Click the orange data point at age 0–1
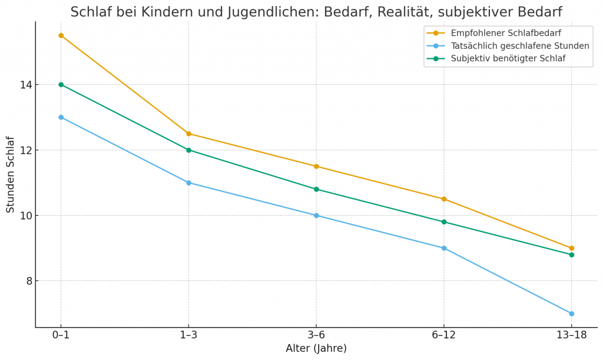61,35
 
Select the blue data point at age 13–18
571,313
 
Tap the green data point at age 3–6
316,189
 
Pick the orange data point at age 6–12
444,199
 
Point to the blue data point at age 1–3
188,183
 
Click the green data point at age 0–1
61,84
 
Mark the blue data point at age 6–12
444,248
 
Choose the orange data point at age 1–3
188,134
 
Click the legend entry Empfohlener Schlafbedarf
505,33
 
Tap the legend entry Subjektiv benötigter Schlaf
508,58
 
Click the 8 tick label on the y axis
27,281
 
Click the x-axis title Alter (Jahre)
316,349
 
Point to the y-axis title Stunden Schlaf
11,174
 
